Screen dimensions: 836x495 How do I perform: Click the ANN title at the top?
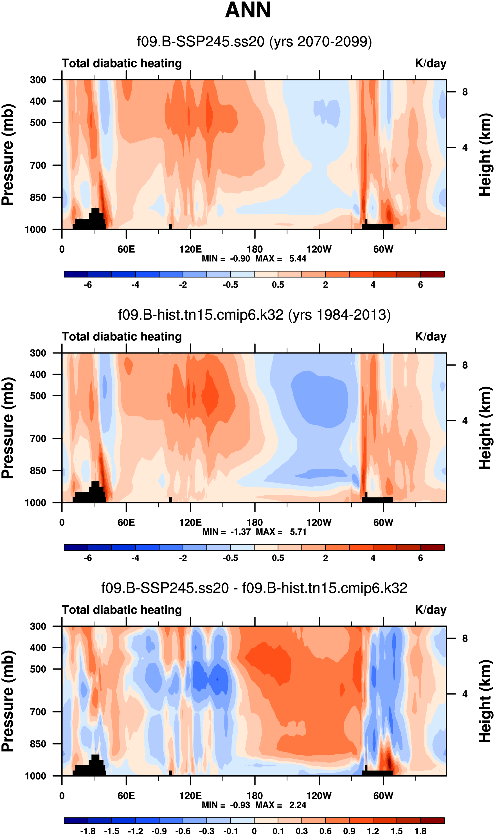click(247, 10)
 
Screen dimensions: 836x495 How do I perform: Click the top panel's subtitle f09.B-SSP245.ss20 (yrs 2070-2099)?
click(254, 42)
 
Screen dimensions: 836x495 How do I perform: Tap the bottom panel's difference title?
click(254, 588)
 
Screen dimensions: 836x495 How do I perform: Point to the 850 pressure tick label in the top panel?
click(38, 197)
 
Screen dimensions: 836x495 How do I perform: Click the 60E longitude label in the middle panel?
click(126, 522)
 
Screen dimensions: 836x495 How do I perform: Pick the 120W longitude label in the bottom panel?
click(319, 796)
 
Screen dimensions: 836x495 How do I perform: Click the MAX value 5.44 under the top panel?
click(298, 259)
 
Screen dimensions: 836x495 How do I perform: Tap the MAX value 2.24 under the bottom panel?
click(298, 805)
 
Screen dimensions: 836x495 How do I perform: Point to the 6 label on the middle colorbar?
click(420, 558)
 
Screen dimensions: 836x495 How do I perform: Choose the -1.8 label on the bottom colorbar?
click(88, 831)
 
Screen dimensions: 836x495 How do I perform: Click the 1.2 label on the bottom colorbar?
click(373, 831)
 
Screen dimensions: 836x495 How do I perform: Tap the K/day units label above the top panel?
click(430, 63)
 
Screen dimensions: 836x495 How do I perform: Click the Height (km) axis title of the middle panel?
click(485, 428)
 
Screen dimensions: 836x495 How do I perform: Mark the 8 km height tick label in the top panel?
click(465, 92)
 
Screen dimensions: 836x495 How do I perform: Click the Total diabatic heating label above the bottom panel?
click(122, 610)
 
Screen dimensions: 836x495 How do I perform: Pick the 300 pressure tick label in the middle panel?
click(38, 353)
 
